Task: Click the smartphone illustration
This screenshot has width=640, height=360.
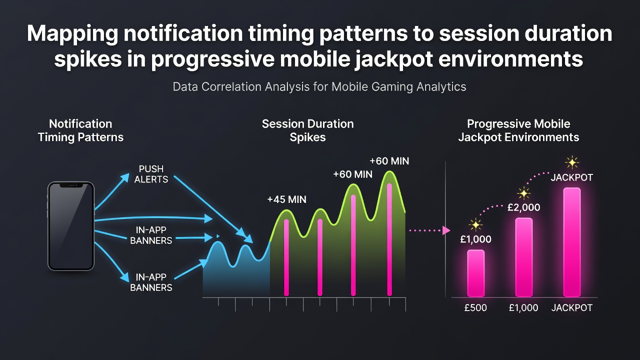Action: (x=71, y=226)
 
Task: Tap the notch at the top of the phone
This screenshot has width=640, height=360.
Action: (x=71, y=185)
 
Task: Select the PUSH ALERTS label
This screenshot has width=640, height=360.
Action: (x=151, y=174)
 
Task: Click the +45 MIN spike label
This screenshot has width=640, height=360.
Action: (x=286, y=199)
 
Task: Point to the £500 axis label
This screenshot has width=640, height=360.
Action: (x=475, y=307)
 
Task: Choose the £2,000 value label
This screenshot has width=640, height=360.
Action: (x=523, y=207)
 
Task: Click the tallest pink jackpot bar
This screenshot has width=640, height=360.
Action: (x=571, y=242)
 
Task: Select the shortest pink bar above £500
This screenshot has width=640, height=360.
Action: (x=475, y=273)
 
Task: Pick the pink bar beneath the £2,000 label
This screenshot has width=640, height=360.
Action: (x=523, y=257)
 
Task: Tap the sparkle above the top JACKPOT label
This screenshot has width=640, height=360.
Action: (x=572, y=163)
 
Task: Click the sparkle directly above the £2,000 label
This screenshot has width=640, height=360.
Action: (x=523, y=193)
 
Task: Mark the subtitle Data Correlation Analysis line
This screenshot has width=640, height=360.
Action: (x=319, y=86)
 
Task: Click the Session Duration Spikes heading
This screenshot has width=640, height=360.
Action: (x=307, y=130)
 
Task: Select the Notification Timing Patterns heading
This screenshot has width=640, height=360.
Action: (x=80, y=130)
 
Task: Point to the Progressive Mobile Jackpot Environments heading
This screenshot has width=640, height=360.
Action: (x=518, y=130)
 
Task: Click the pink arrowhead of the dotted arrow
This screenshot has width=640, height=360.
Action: (x=446, y=230)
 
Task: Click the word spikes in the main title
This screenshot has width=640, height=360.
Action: (x=88, y=59)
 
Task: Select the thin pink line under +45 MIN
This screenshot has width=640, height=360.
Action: (x=286, y=257)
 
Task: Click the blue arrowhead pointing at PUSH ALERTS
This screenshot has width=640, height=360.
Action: (x=125, y=177)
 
